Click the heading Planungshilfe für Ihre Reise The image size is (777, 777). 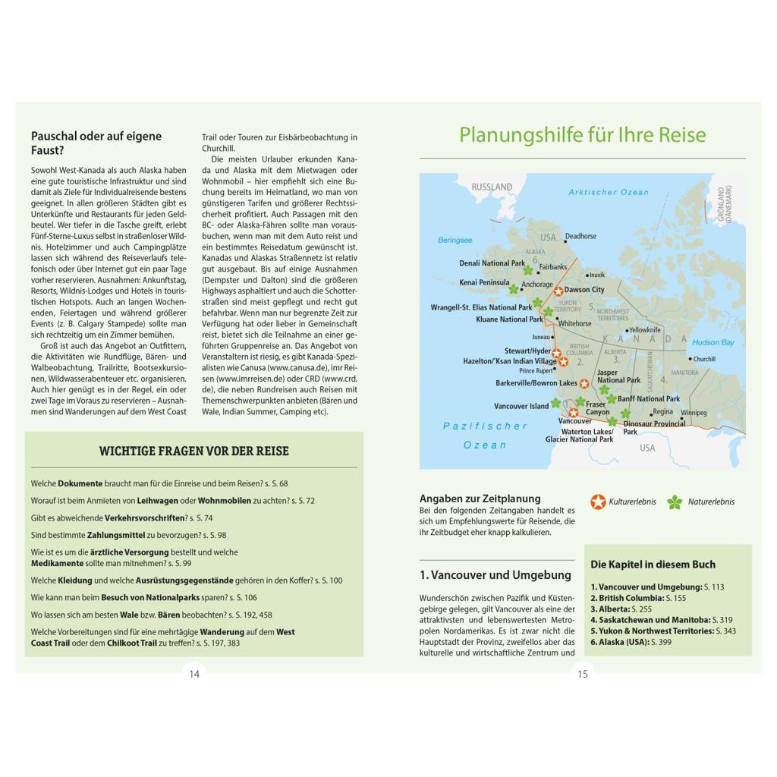tap(582, 135)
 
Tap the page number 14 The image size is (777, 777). tap(194, 674)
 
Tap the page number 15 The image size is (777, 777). tap(583, 674)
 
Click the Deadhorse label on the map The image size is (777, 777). tap(580, 237)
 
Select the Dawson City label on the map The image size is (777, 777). tap(584, 290)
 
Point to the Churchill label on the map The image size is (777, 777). tap(704, 359)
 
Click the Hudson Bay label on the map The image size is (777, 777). tap(713, 343)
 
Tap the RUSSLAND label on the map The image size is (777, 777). tap(492, 187)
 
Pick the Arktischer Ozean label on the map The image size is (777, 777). tap(609, 193)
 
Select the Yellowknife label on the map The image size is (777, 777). tap(645, 330)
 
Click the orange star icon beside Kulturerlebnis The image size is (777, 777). tap(599, 502)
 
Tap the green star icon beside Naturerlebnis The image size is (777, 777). tap(674, 502)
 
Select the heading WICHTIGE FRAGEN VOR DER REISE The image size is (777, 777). tap(193, 451)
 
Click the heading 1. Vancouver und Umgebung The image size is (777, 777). tap(495, 575)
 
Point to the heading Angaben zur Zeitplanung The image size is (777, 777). tap(480, 499)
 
